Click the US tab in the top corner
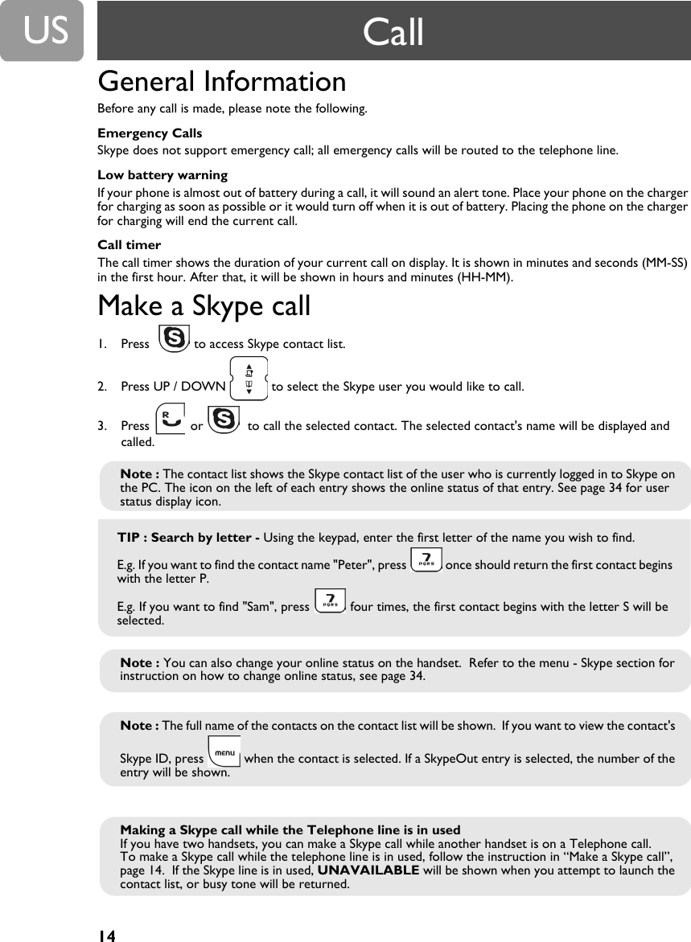click(x=41, y=31)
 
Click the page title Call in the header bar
click(x=393, y=32)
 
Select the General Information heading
click(x=222, y=81)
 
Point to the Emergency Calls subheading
click(x=150, y=133)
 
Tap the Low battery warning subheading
click(x=162, y=175)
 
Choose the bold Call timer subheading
click(x=129, y=245)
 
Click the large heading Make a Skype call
click(x=204, y=306)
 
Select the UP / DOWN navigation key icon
click(x=249, y=379)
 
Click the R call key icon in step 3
click(x=170, y=420)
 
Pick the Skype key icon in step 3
click(x=223, y=420)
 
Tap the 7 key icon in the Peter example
click(x=426, y=559)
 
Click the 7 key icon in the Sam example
click(x=329, y=600)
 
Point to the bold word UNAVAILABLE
click(x=368, y=870)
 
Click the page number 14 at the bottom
click(x=107, y=935)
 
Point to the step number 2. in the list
click(x=102, y=387)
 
